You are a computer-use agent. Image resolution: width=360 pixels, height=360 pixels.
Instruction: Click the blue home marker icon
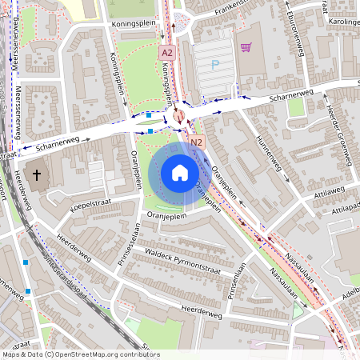179,172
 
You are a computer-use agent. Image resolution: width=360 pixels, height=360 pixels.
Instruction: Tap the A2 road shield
166,53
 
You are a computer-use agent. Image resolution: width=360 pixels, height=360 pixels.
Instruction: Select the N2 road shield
198,142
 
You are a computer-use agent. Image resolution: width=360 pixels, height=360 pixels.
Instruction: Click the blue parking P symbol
214,65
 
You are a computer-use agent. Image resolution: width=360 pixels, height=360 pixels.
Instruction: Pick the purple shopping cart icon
246,48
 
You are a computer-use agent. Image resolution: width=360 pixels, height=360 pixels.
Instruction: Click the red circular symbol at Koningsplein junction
178,115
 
